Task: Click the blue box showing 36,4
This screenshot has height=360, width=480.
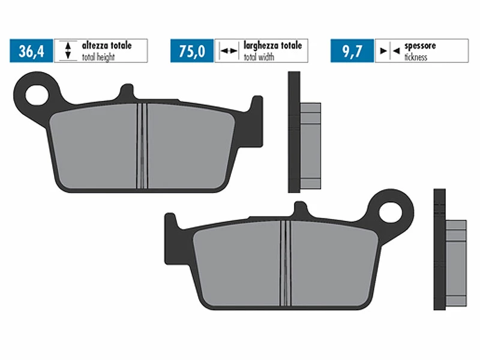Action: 31,51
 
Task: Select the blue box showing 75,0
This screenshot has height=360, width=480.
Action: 192,51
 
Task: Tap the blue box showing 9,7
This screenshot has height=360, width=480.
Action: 352,51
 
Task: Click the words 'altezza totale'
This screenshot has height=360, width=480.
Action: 107,46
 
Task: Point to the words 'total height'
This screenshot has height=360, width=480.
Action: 98,57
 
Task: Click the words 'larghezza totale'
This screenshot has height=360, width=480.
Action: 273,46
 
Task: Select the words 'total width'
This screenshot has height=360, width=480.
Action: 259,57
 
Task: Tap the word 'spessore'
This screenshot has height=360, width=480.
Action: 420,46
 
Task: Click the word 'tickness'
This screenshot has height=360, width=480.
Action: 416,57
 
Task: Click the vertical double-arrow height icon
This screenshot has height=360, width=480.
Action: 68,51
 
